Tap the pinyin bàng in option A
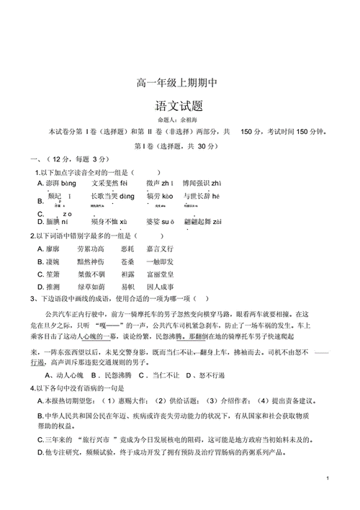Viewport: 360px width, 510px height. pyautogui.click(x=68, y=184)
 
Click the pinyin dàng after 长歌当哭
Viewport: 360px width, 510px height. pyautogui.click(x=127, y=196)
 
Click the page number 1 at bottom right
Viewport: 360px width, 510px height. pyautogui.click(x=327, y=478)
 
